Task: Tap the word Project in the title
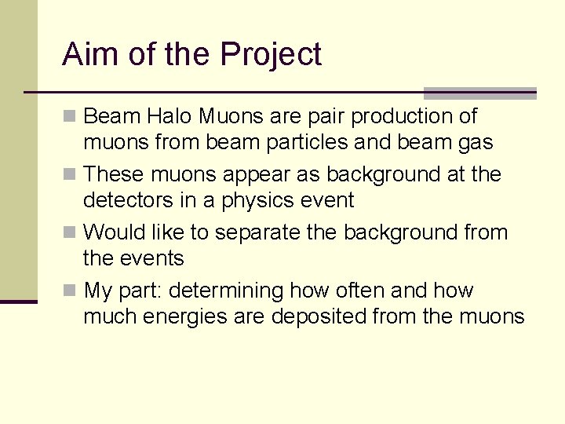(x=271, y=55)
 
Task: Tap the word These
(x=115, y=174)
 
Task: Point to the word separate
(x=259, y=232)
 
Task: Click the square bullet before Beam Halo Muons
(x=70, y=117)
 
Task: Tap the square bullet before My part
(x=70, y=291)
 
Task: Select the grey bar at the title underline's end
(x=479, y=93)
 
